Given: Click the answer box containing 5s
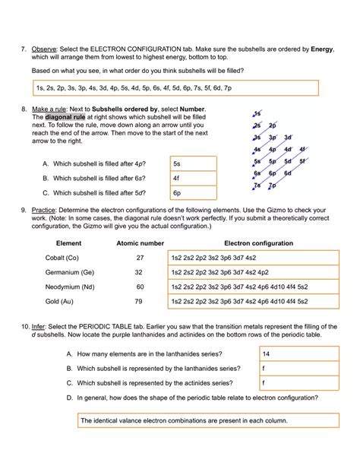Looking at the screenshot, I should (x=194, y=163).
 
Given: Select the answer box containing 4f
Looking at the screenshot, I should (x=194, y=178).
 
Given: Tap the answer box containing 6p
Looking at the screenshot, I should (x=194, y=193).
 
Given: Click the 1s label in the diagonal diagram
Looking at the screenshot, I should (x=258, y=113).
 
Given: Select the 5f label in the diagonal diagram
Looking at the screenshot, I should (x=302, y=161).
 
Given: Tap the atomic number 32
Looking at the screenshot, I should (x=139, y=272).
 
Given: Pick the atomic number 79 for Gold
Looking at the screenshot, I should (x=139, y=301).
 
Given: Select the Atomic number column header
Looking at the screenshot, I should (x=140, y=243).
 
